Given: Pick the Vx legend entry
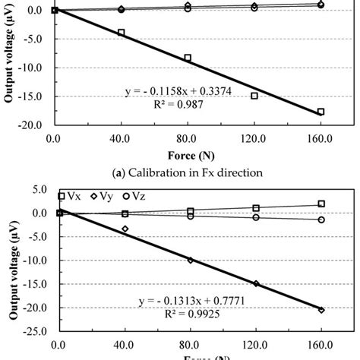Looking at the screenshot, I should click(71, 197).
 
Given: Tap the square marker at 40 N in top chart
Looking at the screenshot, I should click(121, 33).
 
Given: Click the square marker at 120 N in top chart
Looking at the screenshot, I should click(254, 96).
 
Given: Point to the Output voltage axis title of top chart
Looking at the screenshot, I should click(10, 65).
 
